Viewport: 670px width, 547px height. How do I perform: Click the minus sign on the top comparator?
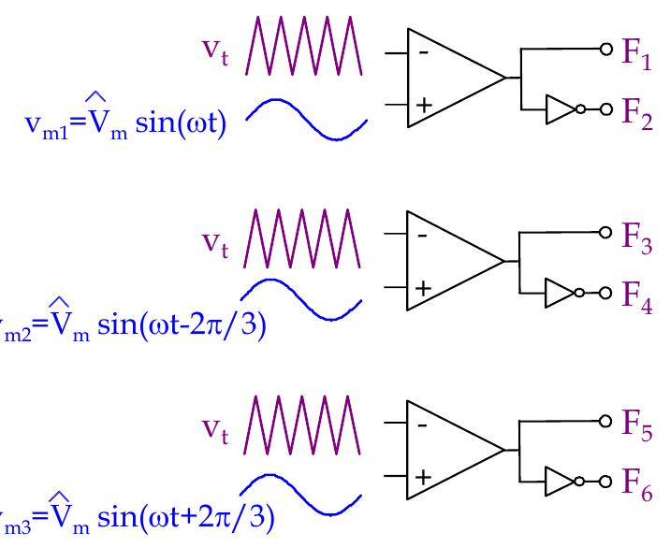[423, 53]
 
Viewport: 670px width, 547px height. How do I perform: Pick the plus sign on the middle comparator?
[423, 288]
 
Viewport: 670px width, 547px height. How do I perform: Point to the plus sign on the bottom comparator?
[423, 477]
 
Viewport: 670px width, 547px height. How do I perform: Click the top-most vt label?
[217, 50]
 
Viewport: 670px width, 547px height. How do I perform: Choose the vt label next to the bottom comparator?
[217, 426]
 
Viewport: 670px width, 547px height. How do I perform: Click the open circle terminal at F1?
[605, 49]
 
